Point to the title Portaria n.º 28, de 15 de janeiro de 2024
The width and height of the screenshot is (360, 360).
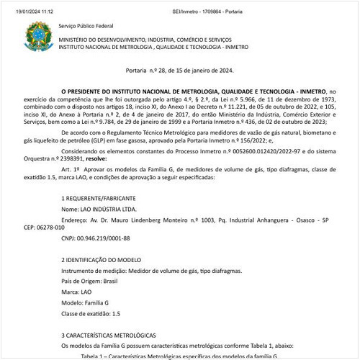tap(179, 71)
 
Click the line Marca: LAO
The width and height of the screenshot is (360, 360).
tap(76, 293)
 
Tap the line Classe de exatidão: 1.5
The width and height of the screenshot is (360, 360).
tap(91, 314)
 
